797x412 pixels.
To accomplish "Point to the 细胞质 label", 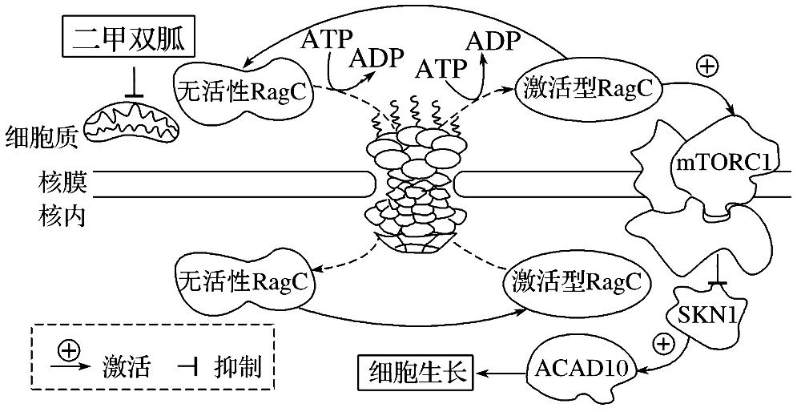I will [41, 137].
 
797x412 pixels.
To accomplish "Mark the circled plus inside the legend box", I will [70, 350].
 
